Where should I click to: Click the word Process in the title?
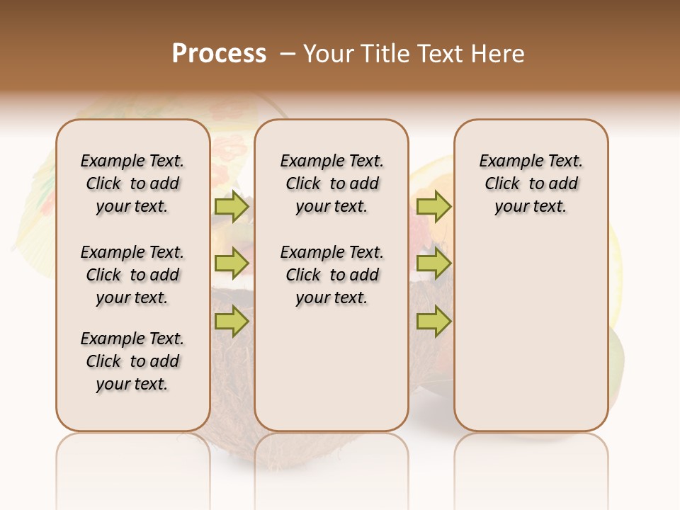(x=219, y=54)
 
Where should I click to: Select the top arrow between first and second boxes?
(x=232, y=207)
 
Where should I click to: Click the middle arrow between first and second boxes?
(x=232, y=263)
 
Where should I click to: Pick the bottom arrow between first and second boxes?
(x=232, y=322)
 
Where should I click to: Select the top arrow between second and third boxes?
(x=433, y=207)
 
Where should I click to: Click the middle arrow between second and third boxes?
(x=433, y=263)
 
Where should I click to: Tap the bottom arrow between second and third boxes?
(x=433, y=322)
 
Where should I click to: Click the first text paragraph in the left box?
(x=132, y=183)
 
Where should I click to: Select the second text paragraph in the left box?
(x=132, y=275)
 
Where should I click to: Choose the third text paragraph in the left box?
(x=132, y=361)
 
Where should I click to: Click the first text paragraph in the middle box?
(x=331, y=183)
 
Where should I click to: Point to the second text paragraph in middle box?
(x=331, y=275)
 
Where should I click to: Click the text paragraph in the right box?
(x=531, y=183)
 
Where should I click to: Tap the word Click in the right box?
(x=502, y=184)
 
